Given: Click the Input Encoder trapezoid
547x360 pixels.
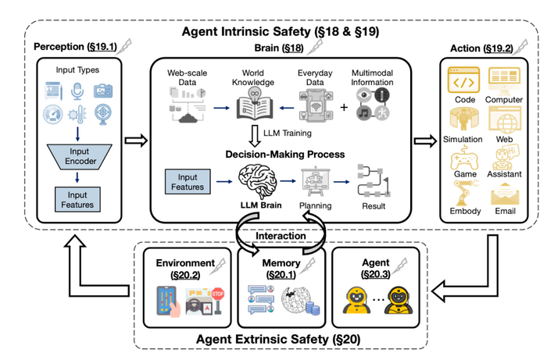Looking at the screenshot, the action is (80, 157).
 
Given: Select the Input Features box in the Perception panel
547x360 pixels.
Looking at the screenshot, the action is (77, 200).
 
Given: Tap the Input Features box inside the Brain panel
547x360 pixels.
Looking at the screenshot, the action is (188, 182).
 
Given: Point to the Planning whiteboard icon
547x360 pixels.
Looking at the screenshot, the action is (316, 182).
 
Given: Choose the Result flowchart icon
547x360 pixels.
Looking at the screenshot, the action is (374, 181).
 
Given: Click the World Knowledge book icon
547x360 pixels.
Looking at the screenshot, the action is (254, 104).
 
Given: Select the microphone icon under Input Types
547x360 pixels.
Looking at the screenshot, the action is (77, 91).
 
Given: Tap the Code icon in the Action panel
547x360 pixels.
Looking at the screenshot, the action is (463, 80).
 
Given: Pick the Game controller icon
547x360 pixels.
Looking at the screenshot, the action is (464, 158).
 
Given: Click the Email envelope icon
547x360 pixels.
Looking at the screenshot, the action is (505, 194).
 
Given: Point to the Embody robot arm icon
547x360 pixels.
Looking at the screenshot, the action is (466, 193).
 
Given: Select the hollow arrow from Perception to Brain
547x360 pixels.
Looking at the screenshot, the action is (137, 141).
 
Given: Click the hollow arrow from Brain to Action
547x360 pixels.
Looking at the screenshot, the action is (426, 141).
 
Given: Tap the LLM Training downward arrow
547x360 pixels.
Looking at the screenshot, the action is (255, 136).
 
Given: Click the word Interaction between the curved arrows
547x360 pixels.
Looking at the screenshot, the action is (281, 236).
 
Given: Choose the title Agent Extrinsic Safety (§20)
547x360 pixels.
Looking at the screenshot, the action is (278, 339).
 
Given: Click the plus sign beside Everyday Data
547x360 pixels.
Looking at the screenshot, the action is (344, 107).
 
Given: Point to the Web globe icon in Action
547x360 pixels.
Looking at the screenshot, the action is (505, 120).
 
